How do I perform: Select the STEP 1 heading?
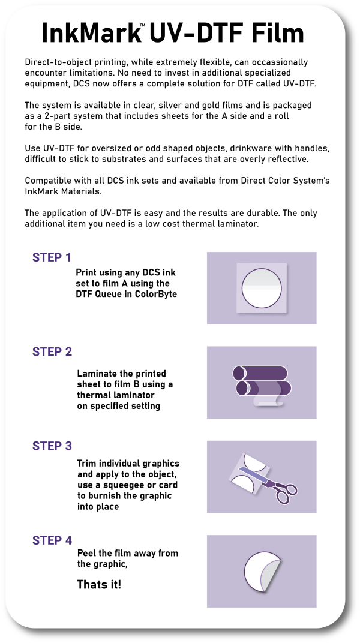pyautogui.click(x=52, y=258)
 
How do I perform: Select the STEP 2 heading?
pyautogui.click(x=52, y=352)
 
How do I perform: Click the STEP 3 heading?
pyautogui.click(x=52, y=446)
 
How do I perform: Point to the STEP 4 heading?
pyautogui.click(x=52, y=540)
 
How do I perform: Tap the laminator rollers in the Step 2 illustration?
pyautogui.click(x=262, y=381)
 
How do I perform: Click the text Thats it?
pyautogui.click(x=99, y=584)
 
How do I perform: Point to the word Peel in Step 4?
pyautogui.click(x=88, y=553)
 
